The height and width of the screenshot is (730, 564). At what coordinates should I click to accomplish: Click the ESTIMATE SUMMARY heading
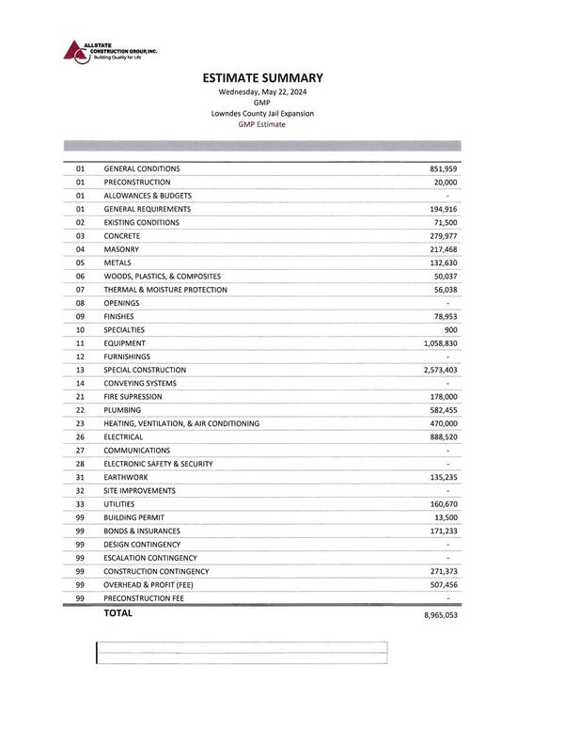pyautogui.click(x=262, y=78)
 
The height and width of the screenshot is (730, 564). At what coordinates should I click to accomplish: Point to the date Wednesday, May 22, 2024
pyautogui.click(x=262, y=92)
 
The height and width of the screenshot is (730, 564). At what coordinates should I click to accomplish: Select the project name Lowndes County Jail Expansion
pyautogui.click(x=262, y=113)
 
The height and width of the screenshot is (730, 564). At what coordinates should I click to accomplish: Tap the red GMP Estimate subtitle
pyautogui.click(x=262, y=124)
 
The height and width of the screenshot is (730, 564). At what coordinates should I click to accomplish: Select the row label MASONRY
pyautogui.click(x=121, y=249)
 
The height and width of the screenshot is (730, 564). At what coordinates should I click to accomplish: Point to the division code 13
pyautogui.click(x=80, y=371)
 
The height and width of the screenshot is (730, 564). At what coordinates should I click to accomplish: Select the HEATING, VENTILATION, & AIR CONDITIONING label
pyautogui.click(x=181, y=424)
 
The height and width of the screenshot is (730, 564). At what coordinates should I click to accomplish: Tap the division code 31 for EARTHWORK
pyautogui.click(x=80, y=478)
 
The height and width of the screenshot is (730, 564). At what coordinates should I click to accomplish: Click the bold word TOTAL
pyautogui.click(x=118, y=613)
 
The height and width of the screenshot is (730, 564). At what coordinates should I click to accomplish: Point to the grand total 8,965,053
pyautogui.click(x=436, y=614)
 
